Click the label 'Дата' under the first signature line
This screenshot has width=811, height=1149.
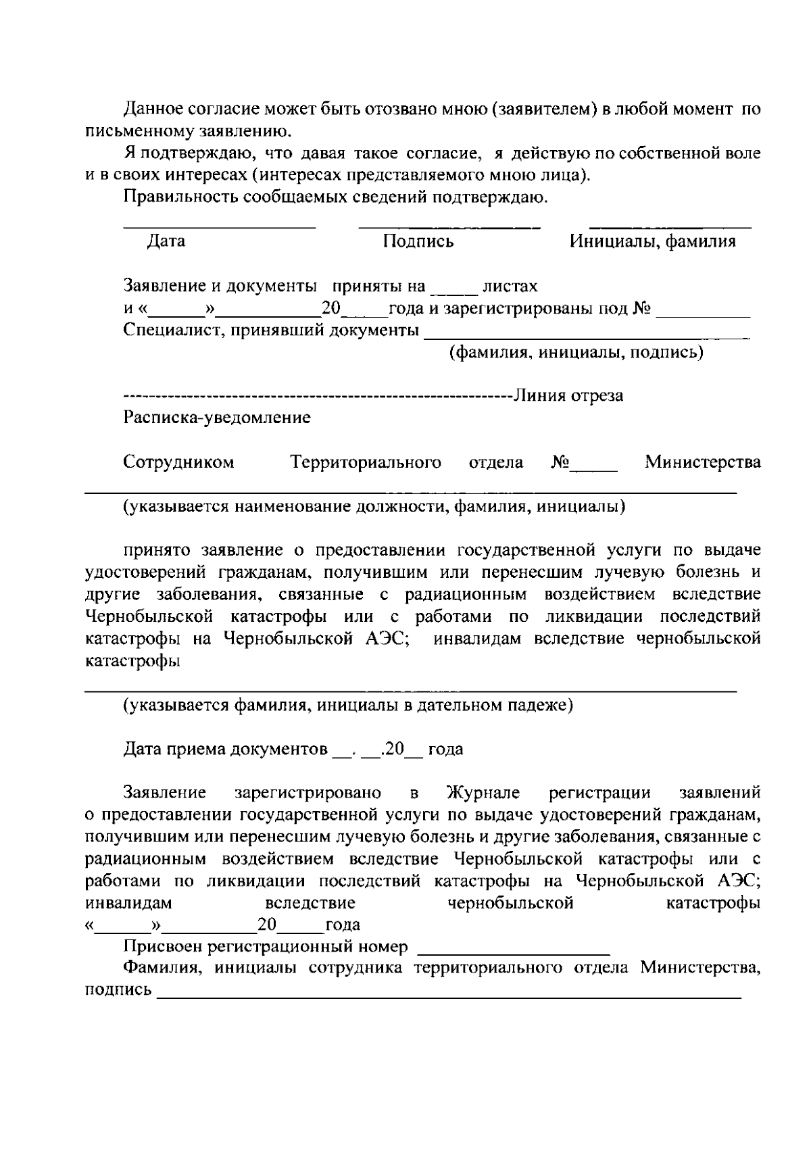(166, 241)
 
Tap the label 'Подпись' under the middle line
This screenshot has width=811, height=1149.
(418, 241)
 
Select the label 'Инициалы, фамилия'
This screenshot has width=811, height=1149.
(652, 241)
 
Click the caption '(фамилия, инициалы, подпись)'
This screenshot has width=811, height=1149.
(576, 352)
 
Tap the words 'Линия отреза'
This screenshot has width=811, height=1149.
(568, 395)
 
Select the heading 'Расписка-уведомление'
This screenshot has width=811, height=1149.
(217, 418)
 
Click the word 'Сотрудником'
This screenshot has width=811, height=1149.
(178, 463)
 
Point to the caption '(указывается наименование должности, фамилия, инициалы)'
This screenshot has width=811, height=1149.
(374, 507)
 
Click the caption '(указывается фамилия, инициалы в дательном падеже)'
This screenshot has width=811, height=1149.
(348, 706)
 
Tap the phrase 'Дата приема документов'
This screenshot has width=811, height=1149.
(226, 750)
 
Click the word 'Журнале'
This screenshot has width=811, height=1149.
(483, 793)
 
